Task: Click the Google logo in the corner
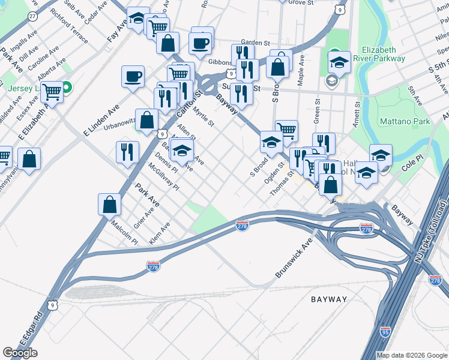20,353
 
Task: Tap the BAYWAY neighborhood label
329,299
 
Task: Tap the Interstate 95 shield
385,331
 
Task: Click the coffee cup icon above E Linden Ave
133,76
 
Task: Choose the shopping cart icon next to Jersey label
52,92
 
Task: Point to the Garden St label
260,43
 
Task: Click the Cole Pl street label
413,164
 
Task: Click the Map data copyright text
412,355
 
